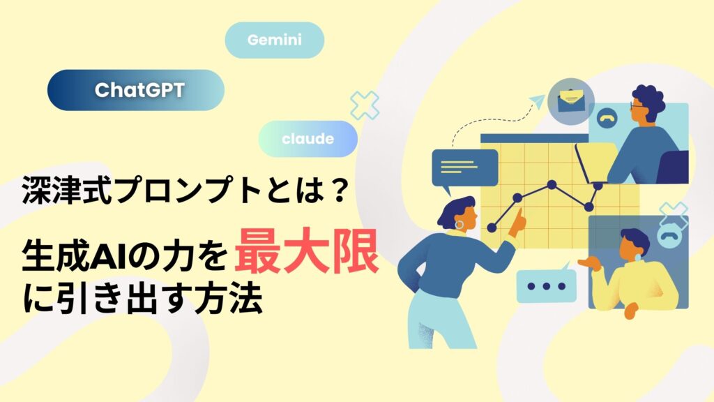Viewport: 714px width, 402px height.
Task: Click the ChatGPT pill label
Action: click(136, 90)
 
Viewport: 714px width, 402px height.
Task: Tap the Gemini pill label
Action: click(275, 40)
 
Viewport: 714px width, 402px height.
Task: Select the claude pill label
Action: click(307, 139)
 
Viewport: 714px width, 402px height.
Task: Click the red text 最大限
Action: click(307, 251)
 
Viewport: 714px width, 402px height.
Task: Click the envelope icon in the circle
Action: click(571, 100)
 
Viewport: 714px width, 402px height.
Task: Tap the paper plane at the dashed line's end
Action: click(537, 100)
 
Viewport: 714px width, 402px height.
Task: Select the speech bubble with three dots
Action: click(546, 285)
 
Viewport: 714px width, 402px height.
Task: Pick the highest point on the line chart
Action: click(552, 184)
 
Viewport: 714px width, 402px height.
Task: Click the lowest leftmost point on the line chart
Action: click(492, 228)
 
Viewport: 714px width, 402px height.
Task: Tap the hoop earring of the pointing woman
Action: click(459, 225)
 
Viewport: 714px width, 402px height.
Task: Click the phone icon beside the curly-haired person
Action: click(606, 117)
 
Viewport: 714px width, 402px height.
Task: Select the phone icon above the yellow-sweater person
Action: click(668, 236)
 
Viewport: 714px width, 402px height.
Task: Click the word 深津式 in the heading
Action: click(67, 190)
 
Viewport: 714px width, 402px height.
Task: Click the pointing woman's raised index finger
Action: click(518, 214)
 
